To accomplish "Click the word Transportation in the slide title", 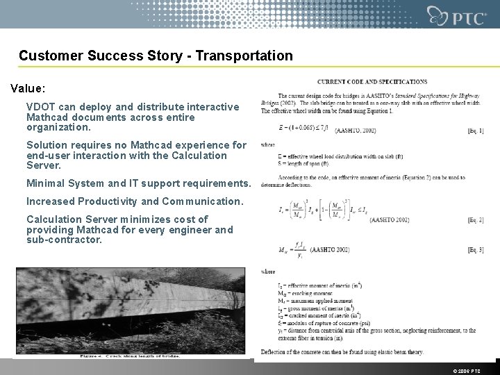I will point(251,55).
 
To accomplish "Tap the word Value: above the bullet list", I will point(28,89).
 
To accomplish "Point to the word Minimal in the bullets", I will point(45,183).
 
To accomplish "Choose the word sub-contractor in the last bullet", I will point(64,240).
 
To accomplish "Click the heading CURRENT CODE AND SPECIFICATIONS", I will point(373,82).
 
